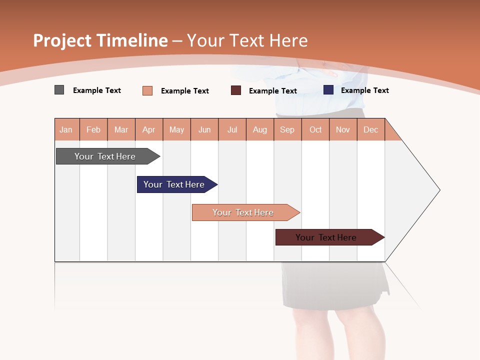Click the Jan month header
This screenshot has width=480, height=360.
(66, 129)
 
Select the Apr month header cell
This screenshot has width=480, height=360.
(148, 129)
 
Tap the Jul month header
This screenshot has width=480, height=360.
(232, 129)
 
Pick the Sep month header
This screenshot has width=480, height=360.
(287, 129)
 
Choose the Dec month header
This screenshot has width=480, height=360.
(370, 129)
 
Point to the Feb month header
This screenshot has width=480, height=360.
(93, 129)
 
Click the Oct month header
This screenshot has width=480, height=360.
(315, 129)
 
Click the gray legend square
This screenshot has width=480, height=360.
(59, 90)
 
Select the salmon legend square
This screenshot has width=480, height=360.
(147, 90)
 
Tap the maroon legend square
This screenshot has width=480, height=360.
(235, 90)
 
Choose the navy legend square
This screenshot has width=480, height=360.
(328, 90)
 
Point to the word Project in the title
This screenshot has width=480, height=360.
(62, 40)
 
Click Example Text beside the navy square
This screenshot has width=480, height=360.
(364, 90)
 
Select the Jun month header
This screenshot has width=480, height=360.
(204, 129)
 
